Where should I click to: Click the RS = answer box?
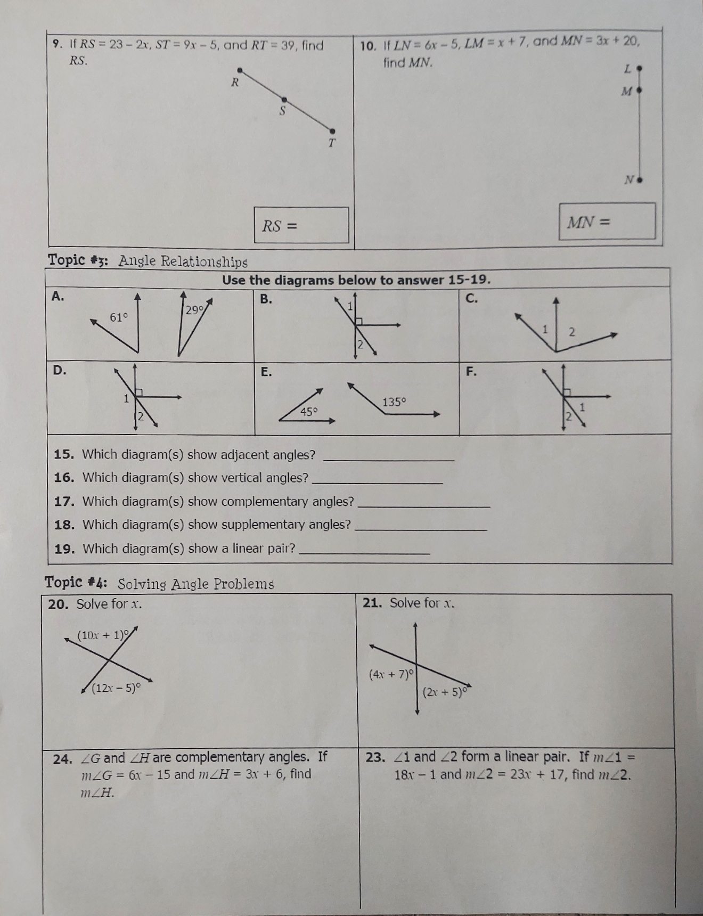coord(301,225)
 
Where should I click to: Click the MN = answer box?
coord(607,221)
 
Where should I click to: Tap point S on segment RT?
coord(284,100)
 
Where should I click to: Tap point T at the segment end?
coord(332,131)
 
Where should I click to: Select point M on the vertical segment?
coord(639,91)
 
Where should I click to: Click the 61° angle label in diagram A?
coord(119,317)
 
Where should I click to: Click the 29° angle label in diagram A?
coord(194,310)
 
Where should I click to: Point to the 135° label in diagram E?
coord(394,402)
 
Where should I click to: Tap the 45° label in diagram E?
coord(309,412)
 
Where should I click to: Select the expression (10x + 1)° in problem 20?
coord(103,635)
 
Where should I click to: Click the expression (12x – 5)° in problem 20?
coord(116,688)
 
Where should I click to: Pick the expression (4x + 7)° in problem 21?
coord(391,674)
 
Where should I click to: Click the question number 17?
coord(64,502)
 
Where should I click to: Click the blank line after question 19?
coord(365,552)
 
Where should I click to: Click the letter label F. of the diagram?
coord(471,371)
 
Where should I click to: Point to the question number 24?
coord(62,759)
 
